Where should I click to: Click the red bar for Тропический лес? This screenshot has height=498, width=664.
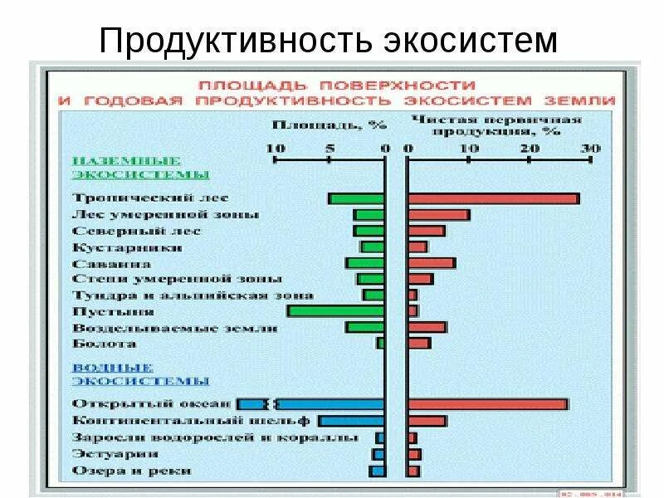click(493, 198)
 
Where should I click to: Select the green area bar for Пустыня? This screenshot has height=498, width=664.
click(335, 311)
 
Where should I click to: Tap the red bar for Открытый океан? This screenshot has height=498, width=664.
click(487, 404)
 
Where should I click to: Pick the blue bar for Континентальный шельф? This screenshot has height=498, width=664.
click(351, 421)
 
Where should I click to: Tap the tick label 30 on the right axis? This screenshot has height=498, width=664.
click(589, 148)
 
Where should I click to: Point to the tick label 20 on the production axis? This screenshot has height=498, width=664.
click(528, 148)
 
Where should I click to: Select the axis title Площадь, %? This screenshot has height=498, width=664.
click(329, 126)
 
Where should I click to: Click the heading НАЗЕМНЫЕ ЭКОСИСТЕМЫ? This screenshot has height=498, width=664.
click(139, 167)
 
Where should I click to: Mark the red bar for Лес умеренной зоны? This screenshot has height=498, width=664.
click(438, 215)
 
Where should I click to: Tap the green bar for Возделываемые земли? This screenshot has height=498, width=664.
click(365, 327)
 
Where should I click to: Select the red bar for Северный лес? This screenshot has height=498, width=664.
click(426, 231)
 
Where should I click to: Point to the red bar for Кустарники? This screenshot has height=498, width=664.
click(417, 247)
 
